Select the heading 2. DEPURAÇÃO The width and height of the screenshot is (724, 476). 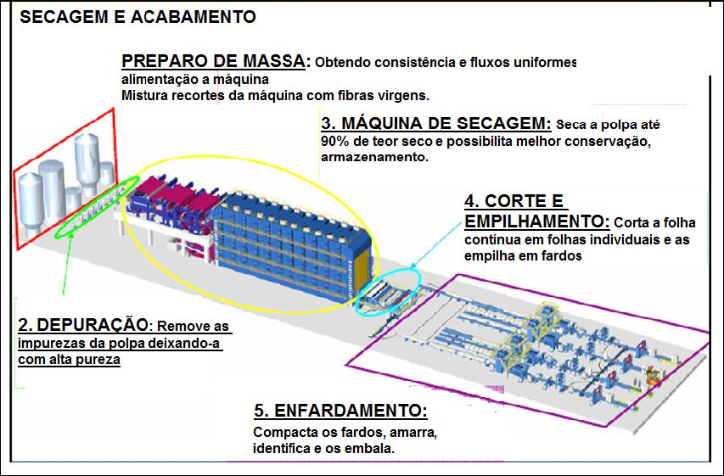coord(82,325)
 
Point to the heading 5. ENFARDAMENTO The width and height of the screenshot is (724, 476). coord(340,411)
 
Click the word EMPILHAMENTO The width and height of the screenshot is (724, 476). coord(536,222)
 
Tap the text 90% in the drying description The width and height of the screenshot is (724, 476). coord(335,141)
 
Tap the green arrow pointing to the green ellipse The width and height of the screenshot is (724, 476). coord(66,263)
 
